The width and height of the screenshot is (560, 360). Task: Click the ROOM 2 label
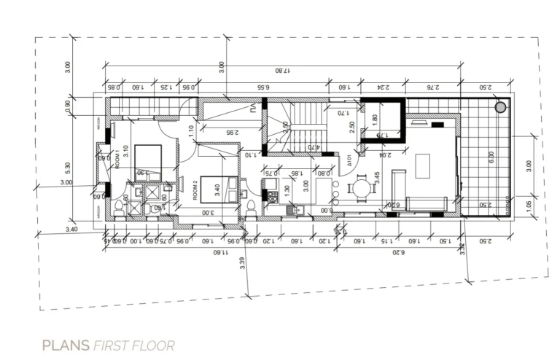pyautogui.click(x=195, y=192)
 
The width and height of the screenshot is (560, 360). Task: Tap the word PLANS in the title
pyautogui.click(x=66, y=344)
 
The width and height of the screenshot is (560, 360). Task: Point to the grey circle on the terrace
pyautogui.click(x=501, y=107)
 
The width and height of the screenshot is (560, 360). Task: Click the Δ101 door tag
pyautogui.click(x=349, y=158)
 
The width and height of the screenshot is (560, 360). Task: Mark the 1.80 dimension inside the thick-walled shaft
pyautogui.click(x=376, y=118)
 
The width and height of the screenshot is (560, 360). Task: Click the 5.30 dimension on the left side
pyautogui.click(x=68, y=169)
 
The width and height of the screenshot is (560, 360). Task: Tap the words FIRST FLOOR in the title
pyautogui.click(x=133, y=344)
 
